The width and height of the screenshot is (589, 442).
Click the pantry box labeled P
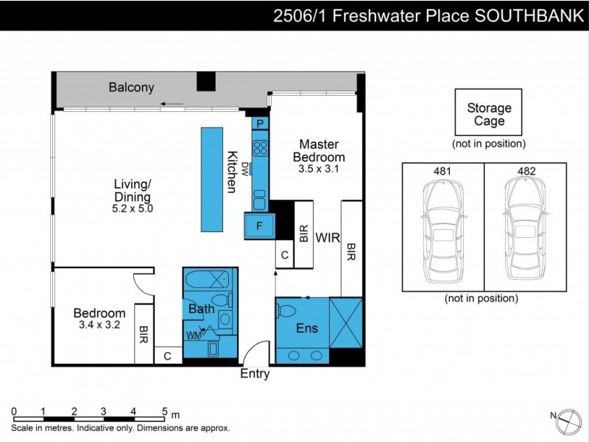260,124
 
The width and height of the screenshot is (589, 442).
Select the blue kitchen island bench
212,180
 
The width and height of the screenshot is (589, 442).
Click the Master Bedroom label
319,150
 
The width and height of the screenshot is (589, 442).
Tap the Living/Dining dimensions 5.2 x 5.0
133,208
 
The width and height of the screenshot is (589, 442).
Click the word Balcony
132,88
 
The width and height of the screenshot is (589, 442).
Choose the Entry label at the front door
255,374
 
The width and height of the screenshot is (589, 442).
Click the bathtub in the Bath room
207,281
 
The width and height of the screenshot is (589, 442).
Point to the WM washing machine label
194,336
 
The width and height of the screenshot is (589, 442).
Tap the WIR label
328,238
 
